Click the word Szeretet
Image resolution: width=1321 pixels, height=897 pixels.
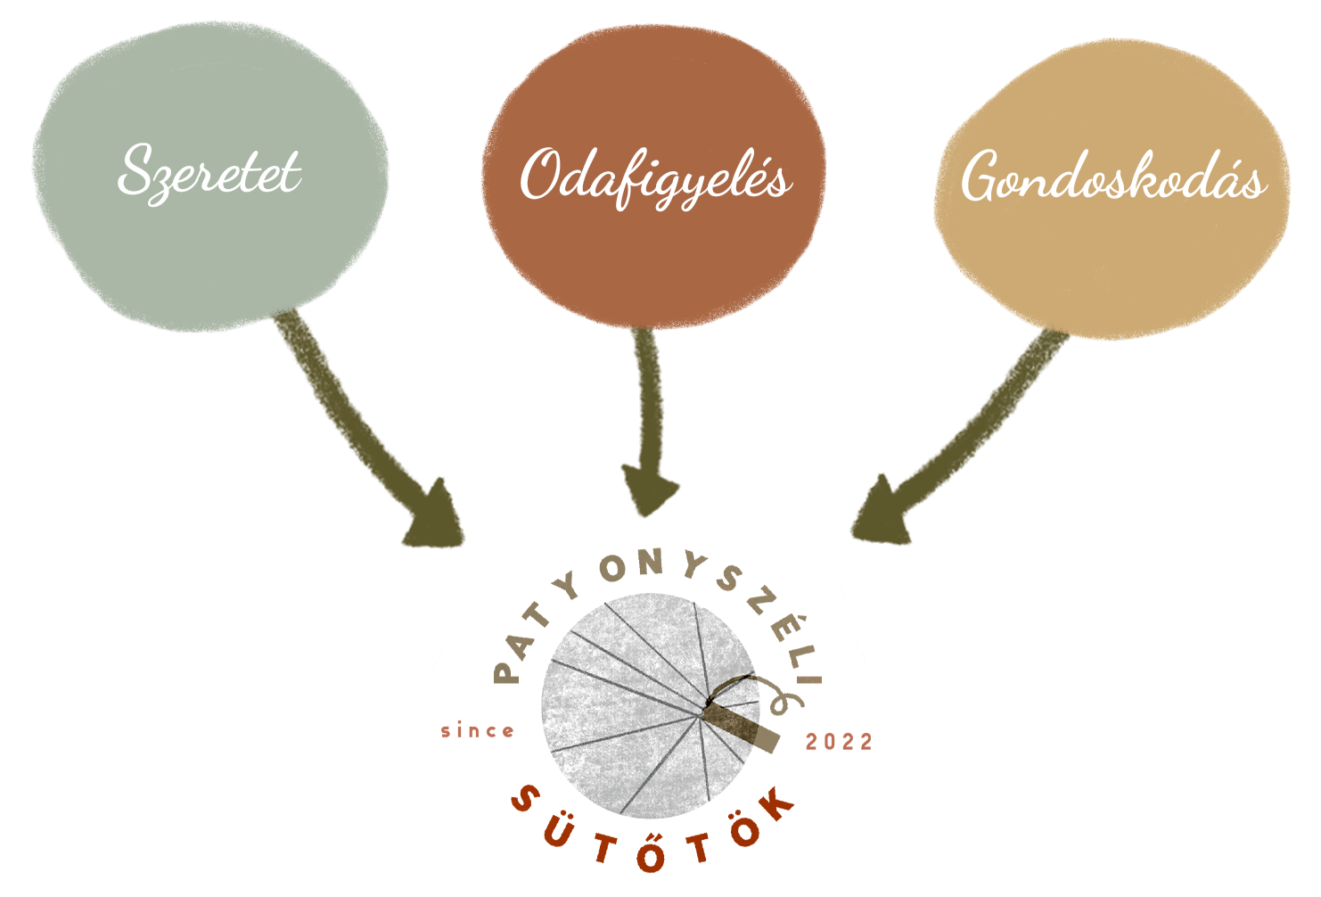(x=210, y=171)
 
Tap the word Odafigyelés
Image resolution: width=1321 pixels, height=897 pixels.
(x=655, y=178)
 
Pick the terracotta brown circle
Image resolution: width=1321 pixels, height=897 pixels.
(x=652, y=259)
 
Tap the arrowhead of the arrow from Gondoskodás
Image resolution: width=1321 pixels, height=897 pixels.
(x=877, y=517)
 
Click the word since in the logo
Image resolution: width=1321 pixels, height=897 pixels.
(x=478, y=732)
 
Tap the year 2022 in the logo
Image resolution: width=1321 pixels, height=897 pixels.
(x=839, y=742)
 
